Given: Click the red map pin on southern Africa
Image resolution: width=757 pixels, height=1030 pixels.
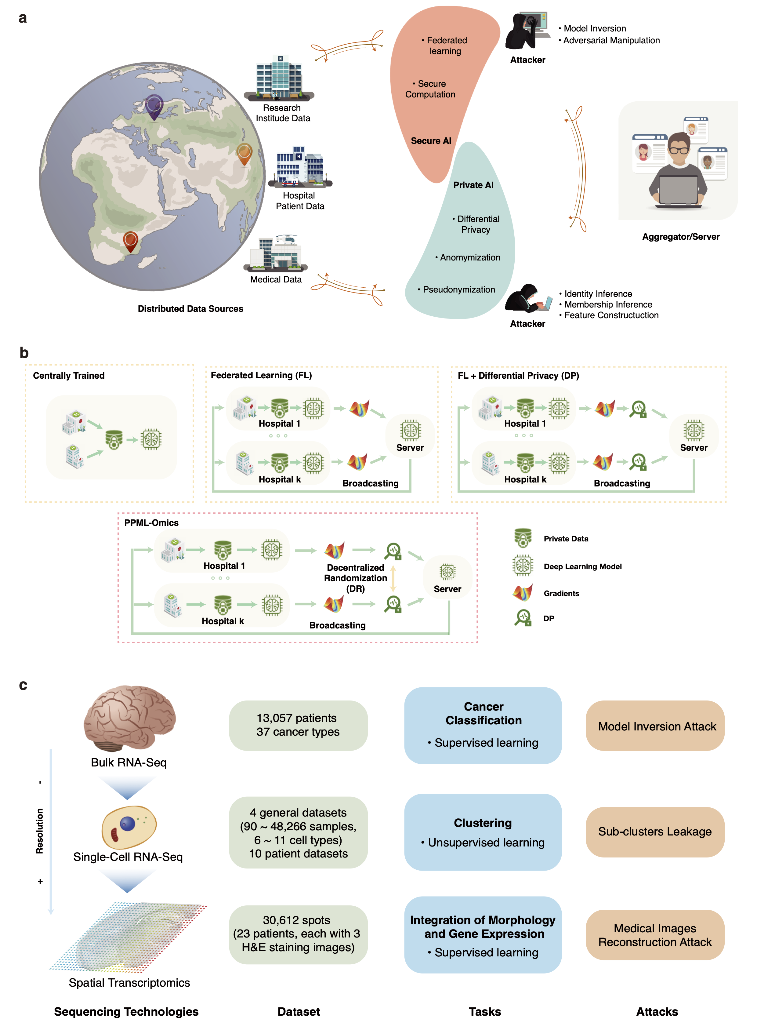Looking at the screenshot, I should tap(131, 241).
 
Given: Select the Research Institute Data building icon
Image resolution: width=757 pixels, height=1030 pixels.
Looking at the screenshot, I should tap(280, 78).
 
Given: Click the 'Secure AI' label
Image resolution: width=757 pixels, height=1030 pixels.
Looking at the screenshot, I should tap(431, 141).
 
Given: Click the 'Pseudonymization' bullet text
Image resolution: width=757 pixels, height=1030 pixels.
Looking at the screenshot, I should tap(458, 289).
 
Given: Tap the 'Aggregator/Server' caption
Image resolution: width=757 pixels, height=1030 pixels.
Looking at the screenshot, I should tap(680, 237).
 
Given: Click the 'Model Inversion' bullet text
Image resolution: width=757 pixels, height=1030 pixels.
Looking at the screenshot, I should tap(594, 28).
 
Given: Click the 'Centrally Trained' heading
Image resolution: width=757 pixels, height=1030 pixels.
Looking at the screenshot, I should tap(69, 375).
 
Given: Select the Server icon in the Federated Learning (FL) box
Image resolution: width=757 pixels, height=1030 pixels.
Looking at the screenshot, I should tap(410, 431).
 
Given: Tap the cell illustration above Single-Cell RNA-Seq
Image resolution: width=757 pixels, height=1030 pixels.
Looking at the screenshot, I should tap(129, 827).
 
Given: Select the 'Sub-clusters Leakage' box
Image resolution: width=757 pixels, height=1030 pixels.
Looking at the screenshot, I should tap(654, 832).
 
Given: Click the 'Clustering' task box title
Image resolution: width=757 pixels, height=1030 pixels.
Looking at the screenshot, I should tap(483, 823).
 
